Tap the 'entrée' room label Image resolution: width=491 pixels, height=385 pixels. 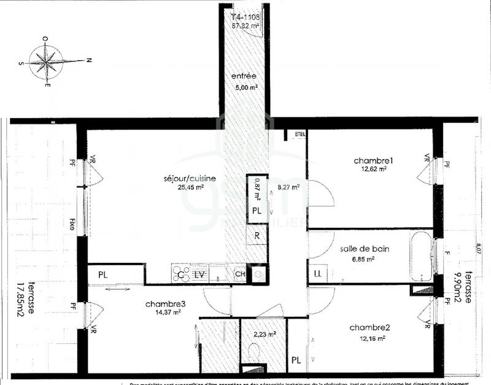244,76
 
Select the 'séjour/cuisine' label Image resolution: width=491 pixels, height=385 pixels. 190,179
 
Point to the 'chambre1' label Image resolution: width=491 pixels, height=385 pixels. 373,161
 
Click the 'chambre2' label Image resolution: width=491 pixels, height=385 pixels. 369,327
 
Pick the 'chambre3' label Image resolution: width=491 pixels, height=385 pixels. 165,304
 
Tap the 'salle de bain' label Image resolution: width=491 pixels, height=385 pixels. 365,249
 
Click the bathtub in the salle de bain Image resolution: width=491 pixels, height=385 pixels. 423,255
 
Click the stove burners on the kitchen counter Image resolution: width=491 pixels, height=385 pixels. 181,273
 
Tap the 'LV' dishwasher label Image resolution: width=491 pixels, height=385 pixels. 199,274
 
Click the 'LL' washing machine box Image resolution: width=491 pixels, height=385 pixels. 318,273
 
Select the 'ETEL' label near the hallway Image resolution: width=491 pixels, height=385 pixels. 300,134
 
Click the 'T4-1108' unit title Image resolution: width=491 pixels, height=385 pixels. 246,17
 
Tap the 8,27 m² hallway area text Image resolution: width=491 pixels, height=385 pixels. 288,188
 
